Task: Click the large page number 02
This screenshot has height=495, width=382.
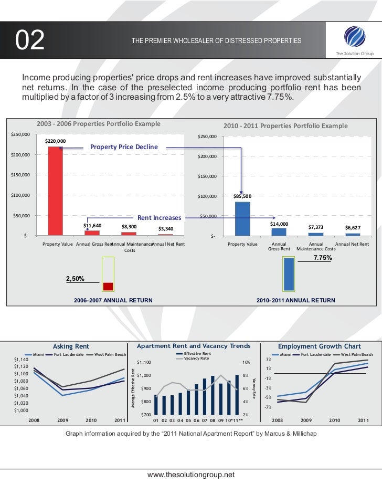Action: click(x=30, y=41)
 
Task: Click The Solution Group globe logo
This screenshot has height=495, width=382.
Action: click(x=352, y=37)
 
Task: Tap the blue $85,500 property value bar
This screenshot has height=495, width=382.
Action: click(x=242, y=218)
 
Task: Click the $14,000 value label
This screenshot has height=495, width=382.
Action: click(x=279, y=224)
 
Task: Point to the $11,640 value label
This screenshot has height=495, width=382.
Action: click(x=92, y=226)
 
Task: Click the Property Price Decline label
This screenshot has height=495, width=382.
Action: click(x=124, y=148)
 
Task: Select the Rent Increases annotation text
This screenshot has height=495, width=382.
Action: click(x=159, y=218)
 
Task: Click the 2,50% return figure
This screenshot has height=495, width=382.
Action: click(x=76, y=279)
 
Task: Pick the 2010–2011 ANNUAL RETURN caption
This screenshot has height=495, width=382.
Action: click(x=295, y=300)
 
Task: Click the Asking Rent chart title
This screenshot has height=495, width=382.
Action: click(x=71, y=346)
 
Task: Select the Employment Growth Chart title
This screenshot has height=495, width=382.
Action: click(x=319, y=346)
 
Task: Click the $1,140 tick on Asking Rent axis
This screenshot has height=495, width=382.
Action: click(x=21, y=360)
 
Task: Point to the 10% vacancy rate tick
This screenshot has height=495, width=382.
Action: click(x=246, y=362)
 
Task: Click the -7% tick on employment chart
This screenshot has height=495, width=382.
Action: click(x=268, y=407)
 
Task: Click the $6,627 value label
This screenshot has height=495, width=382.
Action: click(x=353, y=228)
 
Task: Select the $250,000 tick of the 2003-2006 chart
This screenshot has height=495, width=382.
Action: click(x=20, y=135)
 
